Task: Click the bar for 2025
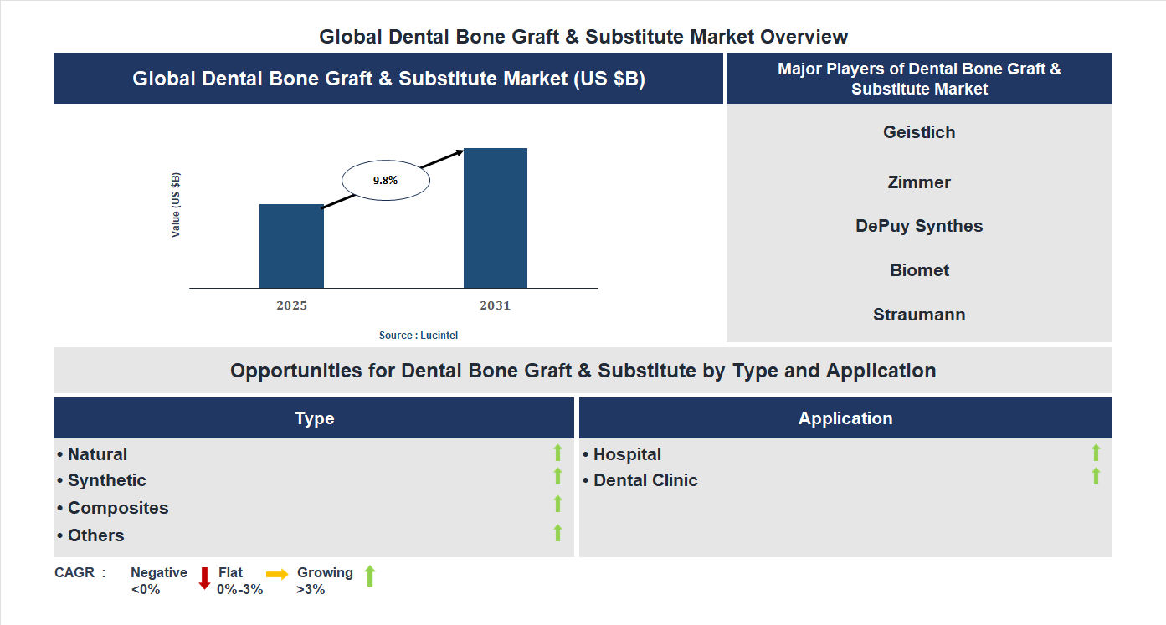(x=291, y=246)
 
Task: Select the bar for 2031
(x=496, y=218)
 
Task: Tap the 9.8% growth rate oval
(x=385, y=180)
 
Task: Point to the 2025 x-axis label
(x=291, y=305)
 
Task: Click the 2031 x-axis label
(x=495, y=305)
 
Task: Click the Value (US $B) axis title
(x=176, y=205)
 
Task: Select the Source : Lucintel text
(x=419, y=335)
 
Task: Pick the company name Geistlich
(x=919, y=132)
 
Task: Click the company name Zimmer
(x=919, y=182)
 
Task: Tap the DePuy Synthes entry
(x=919, y=226)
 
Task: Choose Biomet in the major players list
(x=919, y=270)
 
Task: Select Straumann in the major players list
(x=919, y=315)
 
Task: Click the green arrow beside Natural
(x=557, y=453)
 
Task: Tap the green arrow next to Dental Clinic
(x=1096, y=477)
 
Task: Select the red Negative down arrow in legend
(x=204, y=578)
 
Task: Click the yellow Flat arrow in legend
(x=277, y=574)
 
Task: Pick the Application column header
(x=845, y=418)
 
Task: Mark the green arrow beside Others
(x=557, y=533)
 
